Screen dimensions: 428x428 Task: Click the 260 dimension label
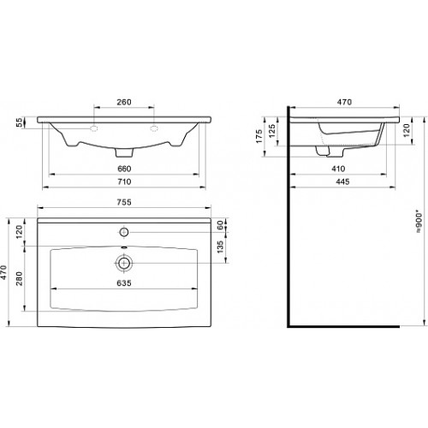pos(124,102)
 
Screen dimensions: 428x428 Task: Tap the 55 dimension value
pos(19,122)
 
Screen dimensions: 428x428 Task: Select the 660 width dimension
pos(124,169)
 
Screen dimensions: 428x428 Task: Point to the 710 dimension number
pos(124,181)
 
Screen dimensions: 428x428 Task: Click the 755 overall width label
pos(124,202)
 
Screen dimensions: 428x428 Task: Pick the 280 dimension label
pos(19,278)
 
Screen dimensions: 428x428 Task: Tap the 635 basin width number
pos(124,283)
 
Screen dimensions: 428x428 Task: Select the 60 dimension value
pos(220,225)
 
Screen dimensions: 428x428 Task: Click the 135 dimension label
pos(220,247)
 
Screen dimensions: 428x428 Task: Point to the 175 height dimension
pos(259,136)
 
